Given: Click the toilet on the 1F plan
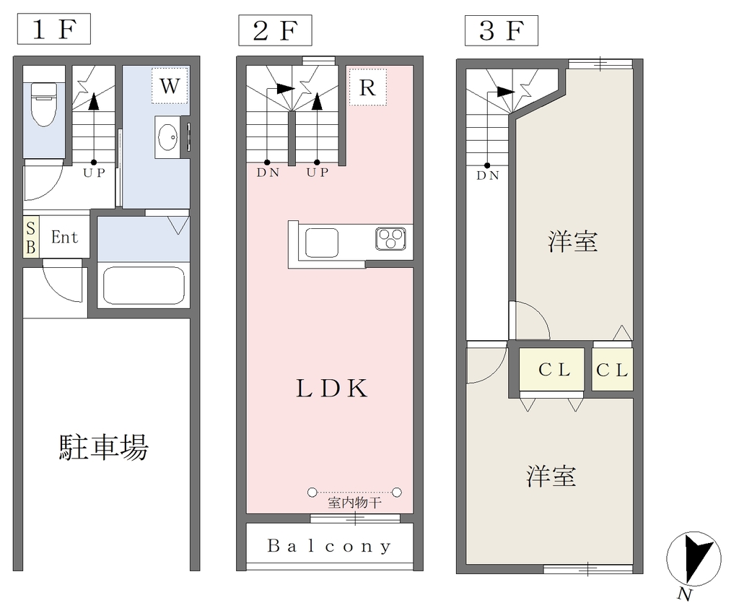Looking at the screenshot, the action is click(x=44, y=104).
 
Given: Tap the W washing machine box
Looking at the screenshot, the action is click(x=170, y=86).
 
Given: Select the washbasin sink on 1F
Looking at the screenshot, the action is click(x=167, y=137).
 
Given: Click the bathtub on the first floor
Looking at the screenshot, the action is click(x=144, y=286).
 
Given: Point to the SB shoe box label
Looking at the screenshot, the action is click(x=30, y=238).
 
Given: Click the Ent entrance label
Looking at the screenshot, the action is click(x=64, y=237).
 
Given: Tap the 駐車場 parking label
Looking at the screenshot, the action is click(x=104, y=447).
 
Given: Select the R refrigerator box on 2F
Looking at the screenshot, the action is click(x=367, y=87).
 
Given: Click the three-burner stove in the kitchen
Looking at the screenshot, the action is click(x=390, y=238).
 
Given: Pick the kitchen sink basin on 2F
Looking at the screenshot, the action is click(x=322, y=243).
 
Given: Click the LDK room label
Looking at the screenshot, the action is click(x=332, y=389).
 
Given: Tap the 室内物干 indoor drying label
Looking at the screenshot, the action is click(x=354, y=503).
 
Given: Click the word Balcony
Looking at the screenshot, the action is click(x=329, y=546).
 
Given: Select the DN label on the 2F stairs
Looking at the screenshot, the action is click(x=268, y=173).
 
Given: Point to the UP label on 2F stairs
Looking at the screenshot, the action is click(x=318, y=173).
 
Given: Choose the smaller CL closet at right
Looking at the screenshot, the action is click(x=612, y=370).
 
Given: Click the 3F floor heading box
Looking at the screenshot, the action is click(x=502, y=30).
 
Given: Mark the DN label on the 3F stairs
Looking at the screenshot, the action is click(x=488, y=176).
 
